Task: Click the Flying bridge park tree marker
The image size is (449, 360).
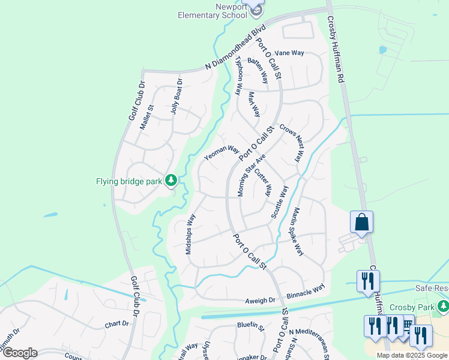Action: coord(171,180)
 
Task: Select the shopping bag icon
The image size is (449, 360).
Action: coord(361,222)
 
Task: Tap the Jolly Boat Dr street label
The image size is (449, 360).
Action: coord(176,97)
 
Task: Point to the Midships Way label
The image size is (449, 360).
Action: coord(191,234)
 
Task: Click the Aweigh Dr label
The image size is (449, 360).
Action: coord(259,299)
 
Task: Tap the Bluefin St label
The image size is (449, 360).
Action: coord(251,328)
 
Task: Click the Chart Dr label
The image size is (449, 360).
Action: coord(117,323)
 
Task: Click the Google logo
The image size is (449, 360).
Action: coord(19,353)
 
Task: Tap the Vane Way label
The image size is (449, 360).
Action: coord(289,53)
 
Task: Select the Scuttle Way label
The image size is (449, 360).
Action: coord(279,202)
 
